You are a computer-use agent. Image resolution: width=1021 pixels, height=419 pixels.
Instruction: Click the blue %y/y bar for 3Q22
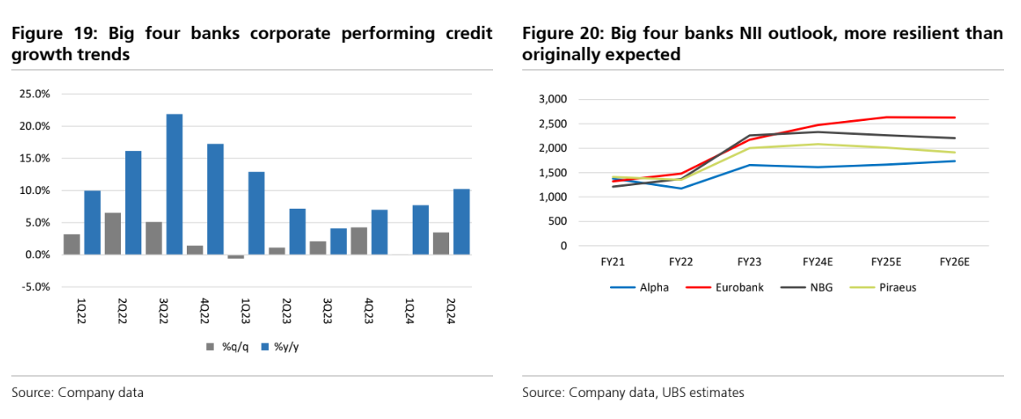(174, 184)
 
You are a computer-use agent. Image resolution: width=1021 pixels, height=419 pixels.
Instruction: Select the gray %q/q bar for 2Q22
(113, 234)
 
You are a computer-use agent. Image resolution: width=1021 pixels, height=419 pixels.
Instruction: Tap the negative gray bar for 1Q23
(236, 257)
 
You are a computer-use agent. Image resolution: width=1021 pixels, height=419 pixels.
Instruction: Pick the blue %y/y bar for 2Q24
(461, 222)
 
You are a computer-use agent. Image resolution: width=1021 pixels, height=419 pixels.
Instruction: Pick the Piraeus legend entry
(898, 287)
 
